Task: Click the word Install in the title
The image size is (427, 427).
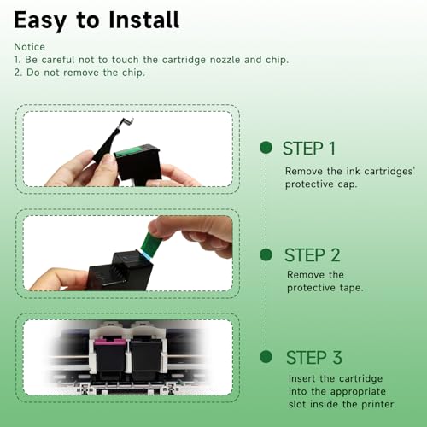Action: [x=144, y=20]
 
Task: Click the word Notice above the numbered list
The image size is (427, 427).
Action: [x=30, y=47]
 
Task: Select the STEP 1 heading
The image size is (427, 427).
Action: [x=309, y=149]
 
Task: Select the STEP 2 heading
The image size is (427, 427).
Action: [x=313, y=254]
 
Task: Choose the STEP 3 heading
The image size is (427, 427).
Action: [x=314, y=357]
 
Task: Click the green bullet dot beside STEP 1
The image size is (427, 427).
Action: [x=266, y=148]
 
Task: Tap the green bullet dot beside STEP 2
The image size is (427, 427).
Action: [x=266, y=254]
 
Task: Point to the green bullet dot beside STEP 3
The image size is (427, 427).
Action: [x=266, y=357]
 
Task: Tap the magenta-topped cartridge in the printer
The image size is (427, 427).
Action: [x=110, y=358]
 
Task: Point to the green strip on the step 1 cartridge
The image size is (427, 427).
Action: [x=129, y=151]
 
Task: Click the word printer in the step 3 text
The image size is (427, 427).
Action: [x=378, y=404]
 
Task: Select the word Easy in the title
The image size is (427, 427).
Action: [x=40, y=21]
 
